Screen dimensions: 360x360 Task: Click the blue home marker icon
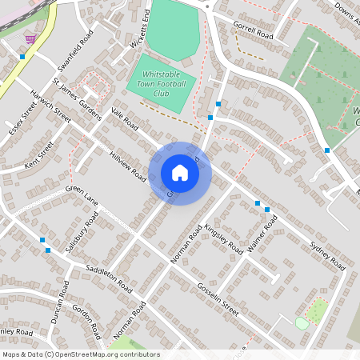point(179,173)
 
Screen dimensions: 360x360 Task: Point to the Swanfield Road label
point(77,50)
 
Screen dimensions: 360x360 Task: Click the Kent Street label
point(38,154)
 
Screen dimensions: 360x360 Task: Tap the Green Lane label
point(81,194)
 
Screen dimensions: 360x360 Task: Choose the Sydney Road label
point(326,251)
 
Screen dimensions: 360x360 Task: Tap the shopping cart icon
point(30,38)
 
